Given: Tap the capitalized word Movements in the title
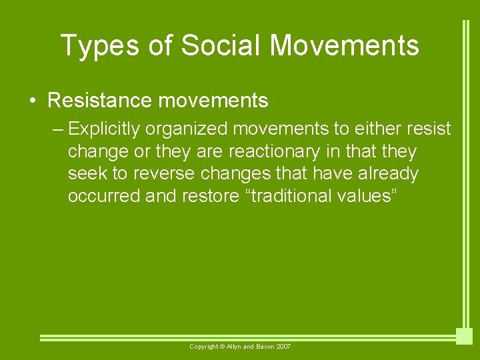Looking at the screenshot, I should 345,45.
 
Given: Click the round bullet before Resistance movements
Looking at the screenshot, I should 33,101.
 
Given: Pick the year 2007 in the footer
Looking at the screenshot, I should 283,347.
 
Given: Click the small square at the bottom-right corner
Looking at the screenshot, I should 464,336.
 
